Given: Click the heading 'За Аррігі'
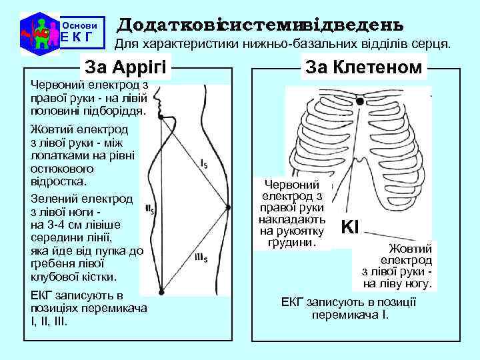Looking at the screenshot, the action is pyautogui.click(x=125, y=68).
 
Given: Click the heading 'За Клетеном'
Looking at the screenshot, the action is pyautogui.click(x=363, y=67).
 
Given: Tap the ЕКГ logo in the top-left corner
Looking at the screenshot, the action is pyautogui.click(x=38, y=31).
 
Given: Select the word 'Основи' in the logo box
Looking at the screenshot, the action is pyautogui.click(x=80, y=25).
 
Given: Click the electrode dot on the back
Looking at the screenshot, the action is pyautogui.click(x=228, y=208).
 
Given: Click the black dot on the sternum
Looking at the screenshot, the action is pyautogui.click(x=360, y=102).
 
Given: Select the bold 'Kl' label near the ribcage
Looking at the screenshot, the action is pyautogui.click(x=349, y=227).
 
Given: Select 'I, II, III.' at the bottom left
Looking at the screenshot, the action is pyautogui.click(x=53, y=321).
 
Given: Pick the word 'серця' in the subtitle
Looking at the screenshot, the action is pyautogui.click(x=434, y=45).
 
